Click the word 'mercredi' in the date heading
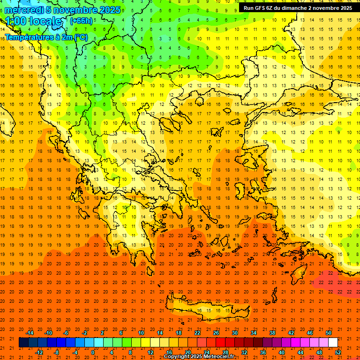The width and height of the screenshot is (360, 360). tap(24, 10)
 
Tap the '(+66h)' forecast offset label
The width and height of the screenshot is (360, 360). tap(81, 21)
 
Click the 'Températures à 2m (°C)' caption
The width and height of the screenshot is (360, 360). tap(46, 37)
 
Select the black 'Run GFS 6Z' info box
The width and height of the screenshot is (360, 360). tap(298, 8)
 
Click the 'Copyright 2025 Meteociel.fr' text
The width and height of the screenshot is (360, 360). tap(199, 357)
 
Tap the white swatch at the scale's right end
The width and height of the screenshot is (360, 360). tap(333, 343)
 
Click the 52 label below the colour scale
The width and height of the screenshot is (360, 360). tap(338, 352)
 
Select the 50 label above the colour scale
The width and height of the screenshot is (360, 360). tap(328, 333)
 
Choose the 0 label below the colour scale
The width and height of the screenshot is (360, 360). tap(93, 352)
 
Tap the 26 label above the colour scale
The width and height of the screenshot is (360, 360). tap(216, 333)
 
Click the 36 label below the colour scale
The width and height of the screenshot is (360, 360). tap(263, 352)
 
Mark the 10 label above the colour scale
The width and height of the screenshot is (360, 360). tap(141, 333)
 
